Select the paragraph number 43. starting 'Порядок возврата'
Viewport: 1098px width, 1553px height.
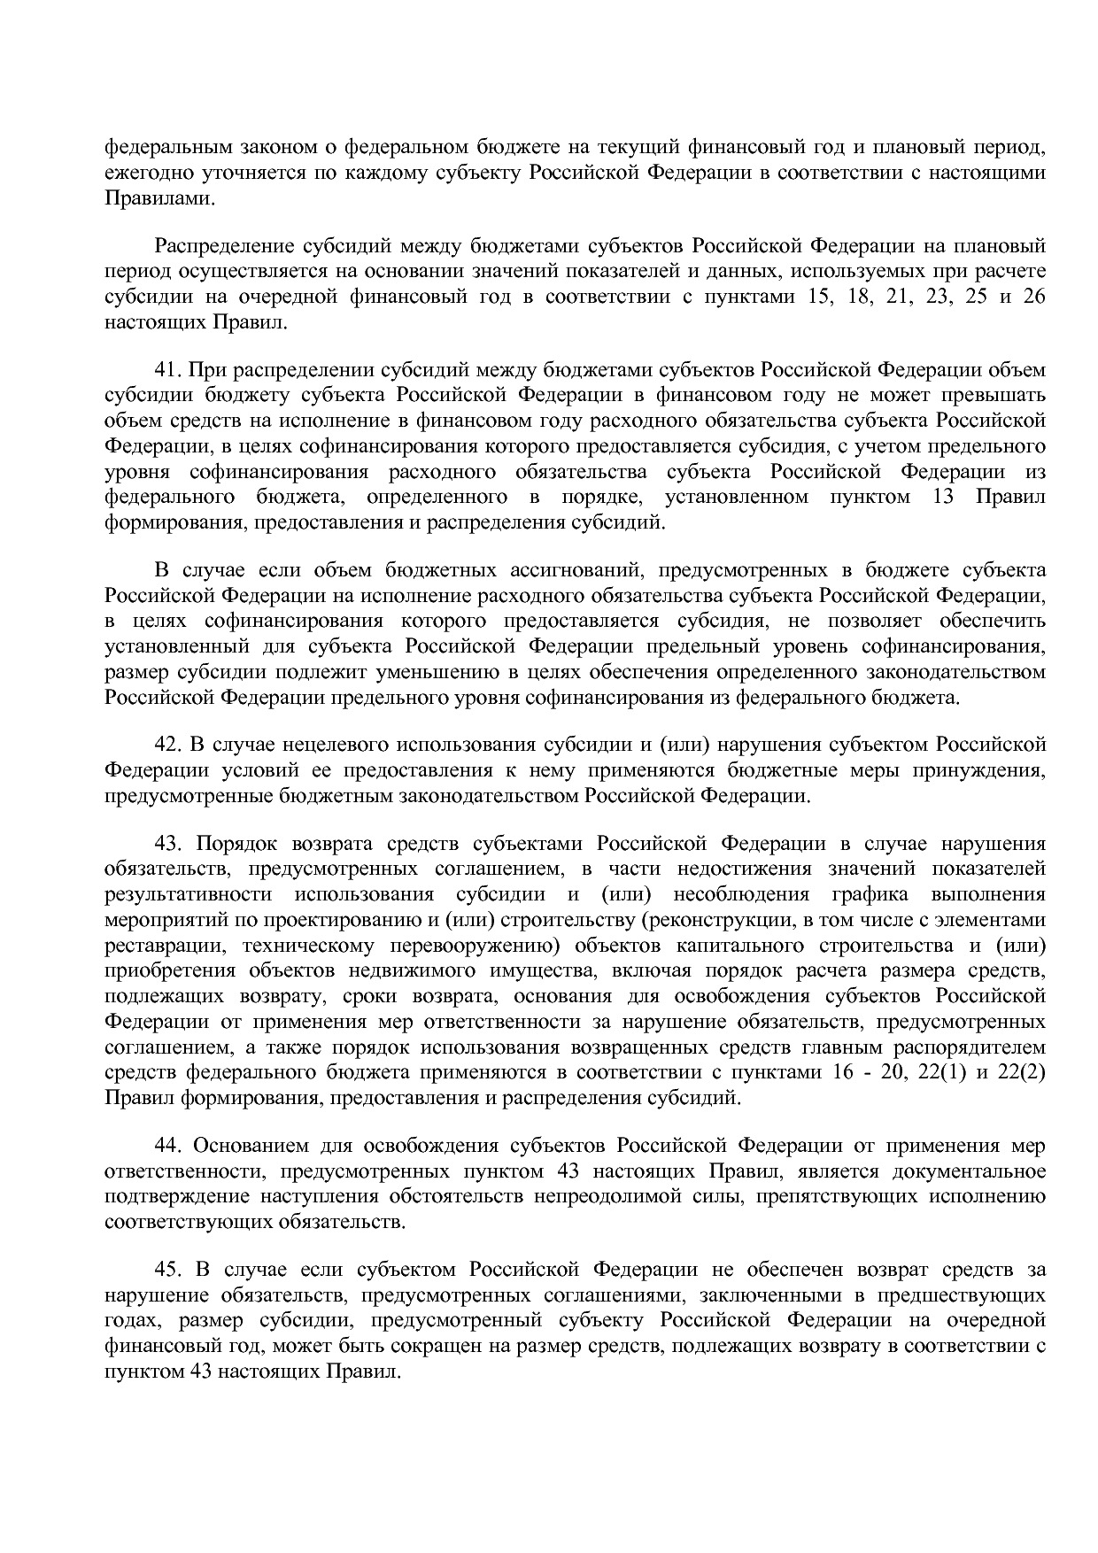[x=167, y=844]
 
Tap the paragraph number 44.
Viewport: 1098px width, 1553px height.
[x=167, y=1147]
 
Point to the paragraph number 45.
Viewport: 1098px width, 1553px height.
[x=167, y=1271]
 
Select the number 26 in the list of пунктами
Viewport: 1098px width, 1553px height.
[x=1033, y=297]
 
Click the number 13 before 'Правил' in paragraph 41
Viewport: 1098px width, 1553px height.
[x=943, y=497]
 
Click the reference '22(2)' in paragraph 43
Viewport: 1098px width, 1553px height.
[x=1022, y=1073]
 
